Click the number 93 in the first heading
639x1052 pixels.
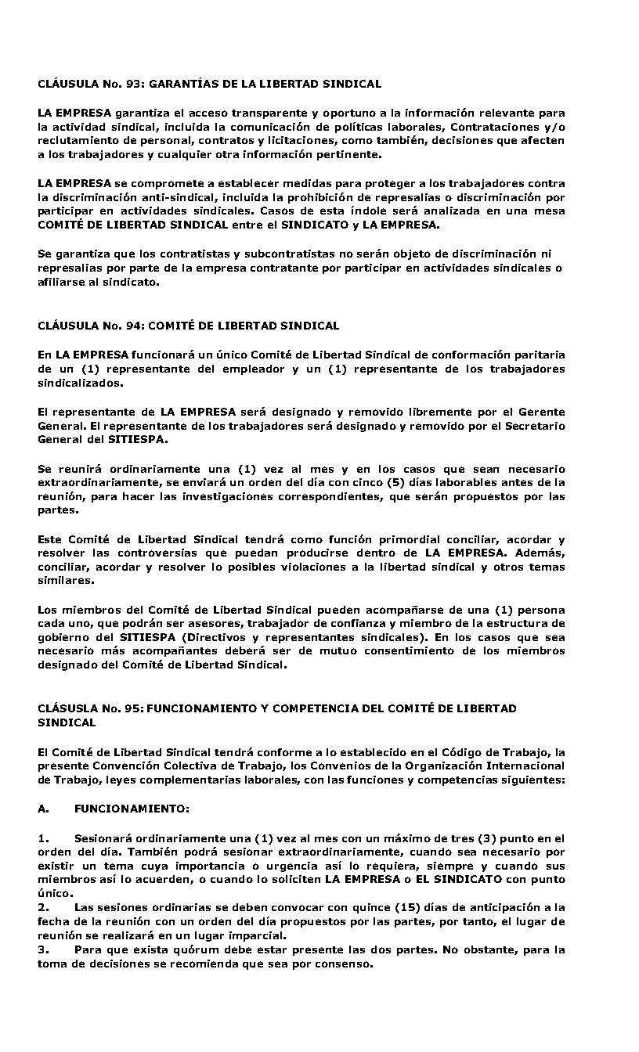(132, 83)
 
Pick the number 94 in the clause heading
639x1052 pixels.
(132, 325)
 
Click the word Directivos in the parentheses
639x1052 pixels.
(210, 638)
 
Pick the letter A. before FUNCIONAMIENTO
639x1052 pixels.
(44, 808)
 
